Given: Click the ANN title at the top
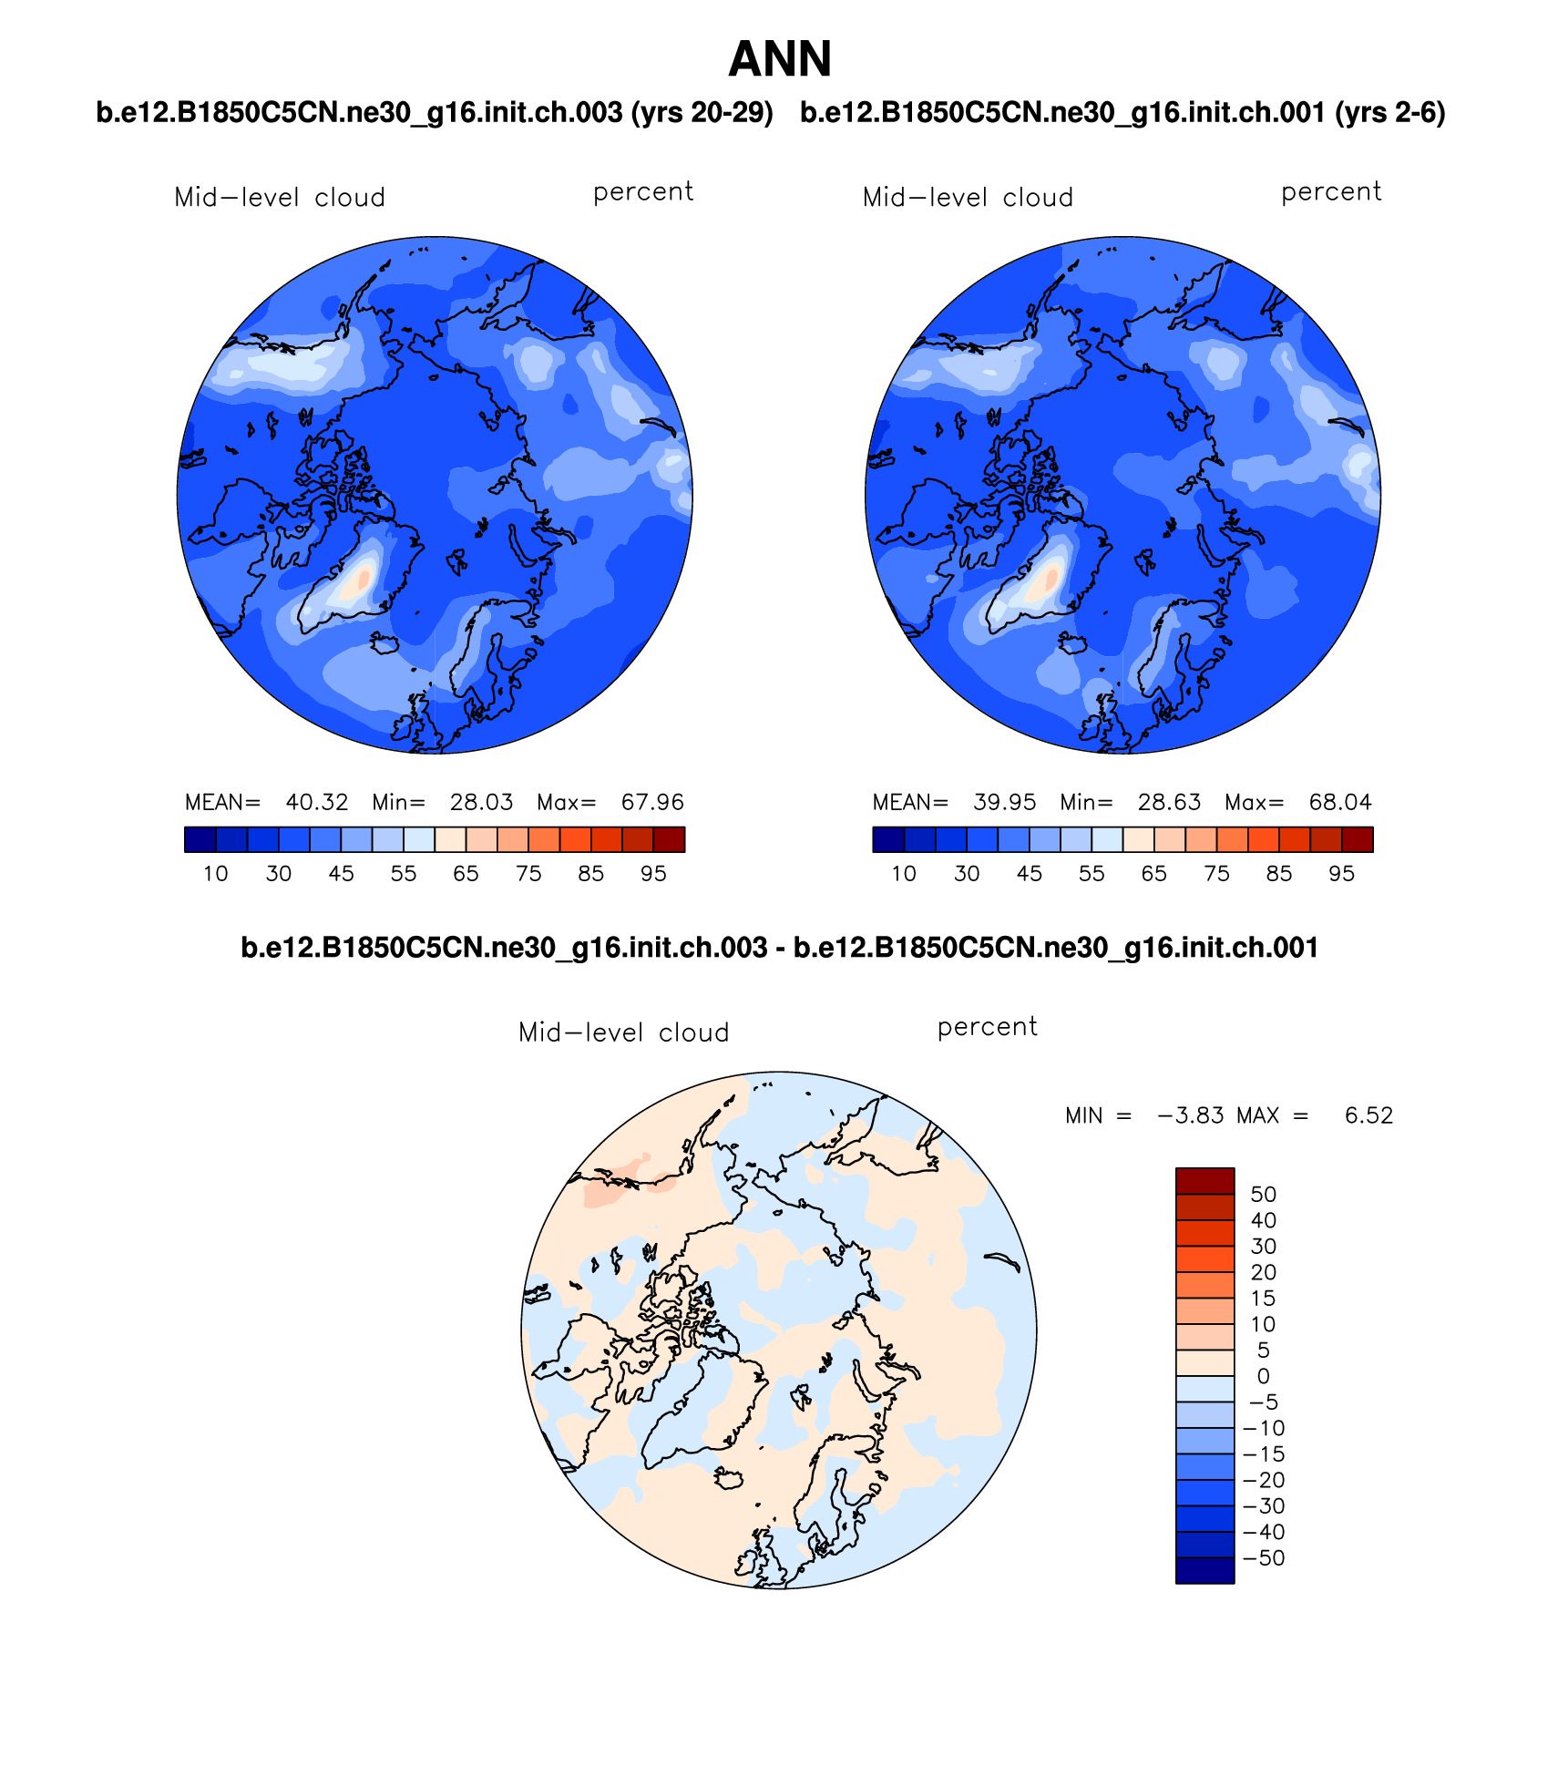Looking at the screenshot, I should [x=780, y=60].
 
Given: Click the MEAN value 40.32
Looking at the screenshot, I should [x=317, y=802].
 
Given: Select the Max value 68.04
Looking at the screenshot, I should [x=1340, y=802].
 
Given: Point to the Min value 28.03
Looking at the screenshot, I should [x=481, y=802].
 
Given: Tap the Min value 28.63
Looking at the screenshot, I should [x=1169, y=802].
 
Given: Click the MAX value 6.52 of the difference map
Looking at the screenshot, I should [x=1368, y=1115].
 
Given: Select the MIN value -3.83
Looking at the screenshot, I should [x=1190, y=1115].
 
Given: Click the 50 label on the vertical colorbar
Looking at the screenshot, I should [x=1263, y=1195].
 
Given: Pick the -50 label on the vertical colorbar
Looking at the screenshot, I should [x=1264, y=1558].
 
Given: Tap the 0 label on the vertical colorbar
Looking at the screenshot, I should [x=1263, y=1376].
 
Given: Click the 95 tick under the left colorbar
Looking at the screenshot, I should [x=653, y=874].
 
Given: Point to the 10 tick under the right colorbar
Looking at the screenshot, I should [x=903, y=874].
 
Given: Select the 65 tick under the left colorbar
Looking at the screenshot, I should [x=466, y=874].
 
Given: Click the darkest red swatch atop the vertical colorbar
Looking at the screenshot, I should [x=1204, y=1181].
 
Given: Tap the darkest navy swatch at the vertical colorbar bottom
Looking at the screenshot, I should [x=1204, y=1570].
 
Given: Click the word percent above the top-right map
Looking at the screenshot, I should [x=1331, y=192].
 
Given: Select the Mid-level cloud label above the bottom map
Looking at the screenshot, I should [x=623, y=1032].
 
